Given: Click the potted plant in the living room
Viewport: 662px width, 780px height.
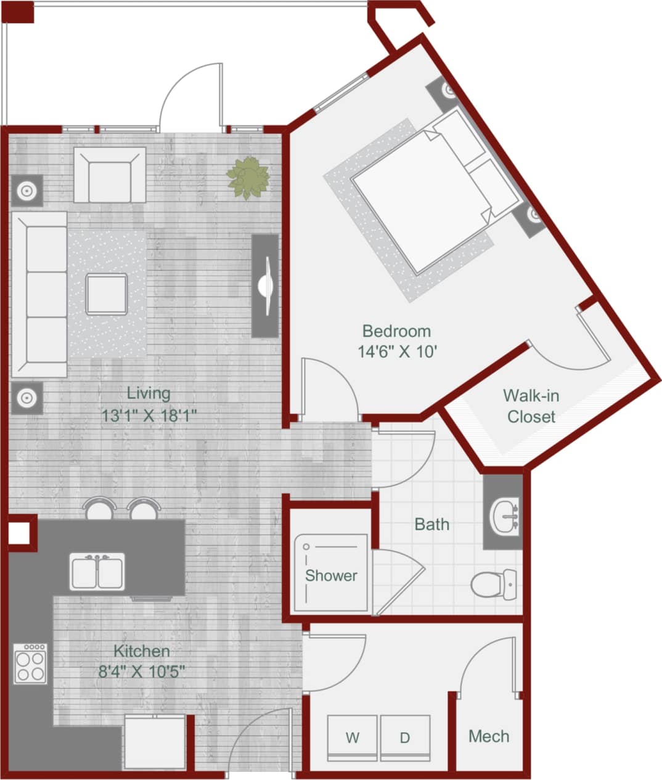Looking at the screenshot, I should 248,178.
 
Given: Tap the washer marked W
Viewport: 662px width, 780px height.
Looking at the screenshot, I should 352,737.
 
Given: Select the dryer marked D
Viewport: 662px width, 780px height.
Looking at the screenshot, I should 405,737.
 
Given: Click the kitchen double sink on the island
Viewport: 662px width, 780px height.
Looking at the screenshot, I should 97,572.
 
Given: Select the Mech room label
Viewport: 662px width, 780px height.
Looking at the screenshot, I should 489,736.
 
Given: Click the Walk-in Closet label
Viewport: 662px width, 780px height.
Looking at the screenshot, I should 531,406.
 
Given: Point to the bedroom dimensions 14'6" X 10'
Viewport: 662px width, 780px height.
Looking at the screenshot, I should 398,352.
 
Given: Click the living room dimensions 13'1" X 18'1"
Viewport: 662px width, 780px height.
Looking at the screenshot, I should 149,415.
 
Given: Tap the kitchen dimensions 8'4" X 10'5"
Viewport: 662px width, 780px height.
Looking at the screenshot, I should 142,671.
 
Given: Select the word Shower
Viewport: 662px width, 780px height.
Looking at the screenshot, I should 331,575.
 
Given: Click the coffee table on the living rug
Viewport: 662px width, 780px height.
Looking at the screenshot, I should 107,294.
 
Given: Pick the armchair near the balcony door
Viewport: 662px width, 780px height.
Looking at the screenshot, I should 110,175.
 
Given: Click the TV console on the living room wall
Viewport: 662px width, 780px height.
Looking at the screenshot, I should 265,285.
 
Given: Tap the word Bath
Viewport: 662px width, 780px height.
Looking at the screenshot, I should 431,524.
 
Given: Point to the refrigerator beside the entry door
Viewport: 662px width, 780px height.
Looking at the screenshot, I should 155,742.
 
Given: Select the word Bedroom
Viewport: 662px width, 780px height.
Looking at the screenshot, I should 396,331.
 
